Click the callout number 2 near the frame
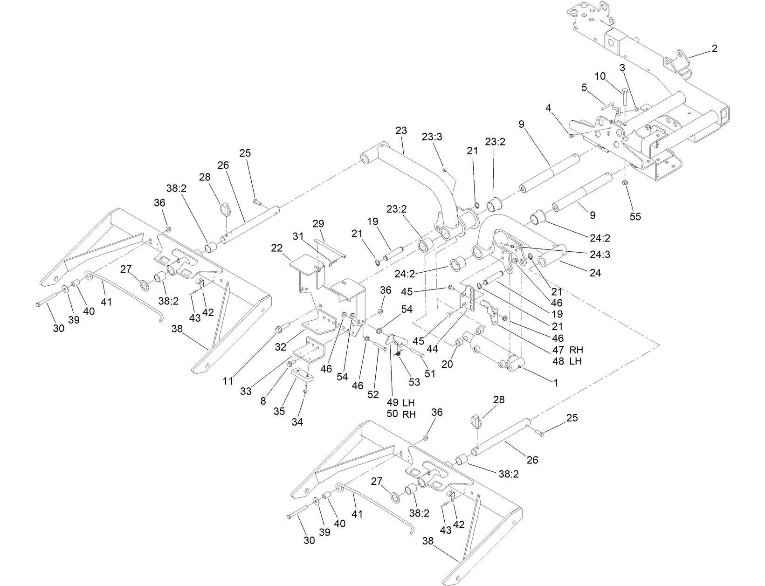pyautogui.click(x=714, y=48)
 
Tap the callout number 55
pyautogui.click(x=635, y=216)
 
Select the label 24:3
pyautogui.click(x=600, y=255)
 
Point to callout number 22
pyautogui.click(x=277, y=248)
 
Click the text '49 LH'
pyautogui.click(x=400, y=402)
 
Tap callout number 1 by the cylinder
pyautogui.click(x=555, y=383)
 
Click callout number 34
pyautogui.click(x=297, y=422)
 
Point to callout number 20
pyautogui.click(x=447, y=364)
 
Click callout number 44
pyautogui.click(x=432, y=348)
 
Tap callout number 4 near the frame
pyautogui.click(x=549, y=108)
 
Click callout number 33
pyautogui.click(x=246, y=391)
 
